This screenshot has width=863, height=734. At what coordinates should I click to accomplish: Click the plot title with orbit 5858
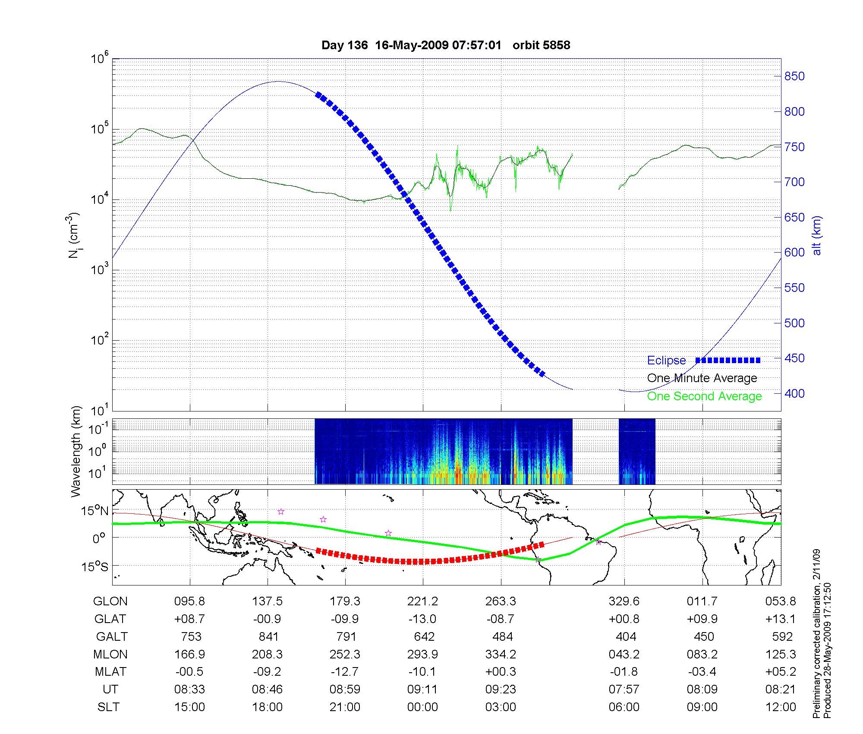click(x=446, y=45)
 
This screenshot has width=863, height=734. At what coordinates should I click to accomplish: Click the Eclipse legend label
click(x=666, y=361)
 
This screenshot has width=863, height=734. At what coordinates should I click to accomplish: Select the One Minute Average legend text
click(x=702, y=378)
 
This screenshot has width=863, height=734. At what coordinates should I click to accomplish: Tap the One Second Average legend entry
click(x=704, y=396)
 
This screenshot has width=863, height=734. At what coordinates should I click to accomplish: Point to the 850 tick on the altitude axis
click(x=794, y=76)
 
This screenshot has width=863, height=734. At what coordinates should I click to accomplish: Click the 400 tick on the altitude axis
click(x=794, y=393)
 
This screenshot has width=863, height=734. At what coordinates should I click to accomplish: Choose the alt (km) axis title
click(x=817, y=235)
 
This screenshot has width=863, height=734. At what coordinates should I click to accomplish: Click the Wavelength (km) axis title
click(x=76, y=452)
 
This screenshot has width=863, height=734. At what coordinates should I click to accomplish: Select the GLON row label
click(x=110, y=601)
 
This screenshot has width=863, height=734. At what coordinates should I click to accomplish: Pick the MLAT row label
click(x=110, y=672)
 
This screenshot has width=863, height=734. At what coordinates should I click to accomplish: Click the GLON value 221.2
click(x=423, y=601)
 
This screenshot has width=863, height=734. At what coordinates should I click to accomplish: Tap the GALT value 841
click(x=268, y=637)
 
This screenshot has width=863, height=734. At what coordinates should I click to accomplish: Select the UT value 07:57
click(x=624, y=690)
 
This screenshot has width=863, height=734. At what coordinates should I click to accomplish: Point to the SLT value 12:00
click(x=781, y=707)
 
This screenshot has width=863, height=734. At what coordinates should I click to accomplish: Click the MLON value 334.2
click(x=501, y=655)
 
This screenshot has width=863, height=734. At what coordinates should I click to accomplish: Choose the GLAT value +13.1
click(x=781, y=619)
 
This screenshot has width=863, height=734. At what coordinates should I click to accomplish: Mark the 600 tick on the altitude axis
click(x=794, y=253)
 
